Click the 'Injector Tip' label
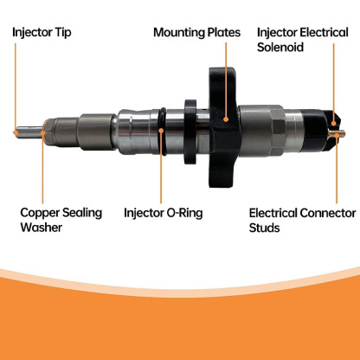[42, 32]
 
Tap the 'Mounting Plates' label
[196, 32]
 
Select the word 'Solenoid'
[280, 47]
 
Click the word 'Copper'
[40, 213]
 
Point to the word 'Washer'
[41, 228]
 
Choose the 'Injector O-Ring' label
[164, 213]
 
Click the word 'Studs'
[264, 228]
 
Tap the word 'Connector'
[327, 213]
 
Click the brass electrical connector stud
[337, 133]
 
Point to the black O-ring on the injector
[163, 132]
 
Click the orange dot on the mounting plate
[226, 119]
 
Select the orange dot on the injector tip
[16, 132]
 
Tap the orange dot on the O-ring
[161, 130]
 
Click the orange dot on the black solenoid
[334, 124]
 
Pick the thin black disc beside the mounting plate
[190, 132]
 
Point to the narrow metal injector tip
[29, 132]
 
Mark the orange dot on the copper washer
[43, 132]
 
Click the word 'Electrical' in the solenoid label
[324, 32]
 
